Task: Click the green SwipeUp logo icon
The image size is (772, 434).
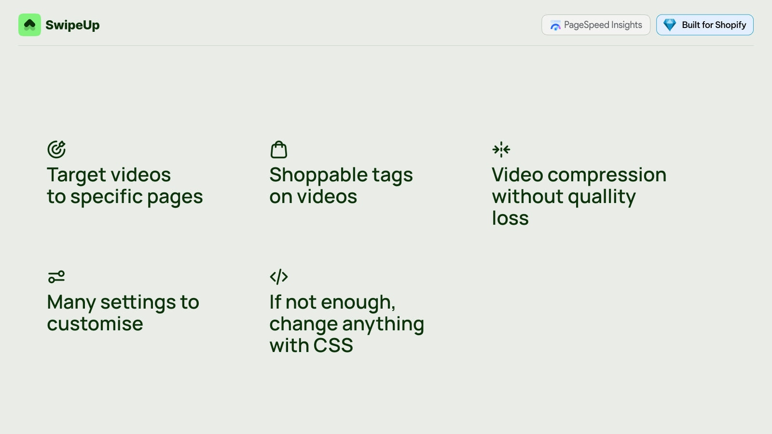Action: tap(29, 25)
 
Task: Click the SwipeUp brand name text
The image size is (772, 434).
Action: tap(72, 25)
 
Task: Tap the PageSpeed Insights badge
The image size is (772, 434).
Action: tap(596, 25)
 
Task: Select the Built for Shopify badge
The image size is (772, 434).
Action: tap(705, 25)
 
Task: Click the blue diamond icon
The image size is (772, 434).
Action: tap(670, 25)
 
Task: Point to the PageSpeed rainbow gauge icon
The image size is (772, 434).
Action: tap(555, 26)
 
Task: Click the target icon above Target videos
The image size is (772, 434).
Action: tap(56, 149)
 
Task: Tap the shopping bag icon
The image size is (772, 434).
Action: tap(279, 149)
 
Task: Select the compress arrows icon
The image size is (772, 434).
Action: tap(501, 149)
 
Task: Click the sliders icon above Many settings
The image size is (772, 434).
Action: tap(56, 277)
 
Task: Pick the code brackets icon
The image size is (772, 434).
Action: tap(279, 277)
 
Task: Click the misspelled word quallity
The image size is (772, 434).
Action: tap(602, 197)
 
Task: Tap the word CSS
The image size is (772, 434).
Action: tap(333, 345)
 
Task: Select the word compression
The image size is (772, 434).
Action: tap(607, 176)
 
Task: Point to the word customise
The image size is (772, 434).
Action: tap(95, 324)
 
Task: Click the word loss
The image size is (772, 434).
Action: tap(510, 217)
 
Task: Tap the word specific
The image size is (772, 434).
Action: tap(107, 197)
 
